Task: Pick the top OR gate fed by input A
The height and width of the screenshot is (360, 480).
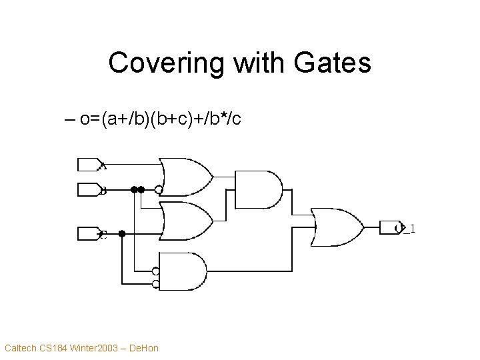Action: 187,176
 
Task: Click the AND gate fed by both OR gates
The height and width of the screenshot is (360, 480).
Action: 259,190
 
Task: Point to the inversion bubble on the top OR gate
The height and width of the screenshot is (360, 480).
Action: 158,189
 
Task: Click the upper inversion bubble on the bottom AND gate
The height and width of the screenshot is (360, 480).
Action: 155,271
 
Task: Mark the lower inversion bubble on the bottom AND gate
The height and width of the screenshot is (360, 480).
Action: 155,284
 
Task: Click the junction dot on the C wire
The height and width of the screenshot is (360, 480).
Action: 122,233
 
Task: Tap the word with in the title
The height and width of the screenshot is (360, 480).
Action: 253,63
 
